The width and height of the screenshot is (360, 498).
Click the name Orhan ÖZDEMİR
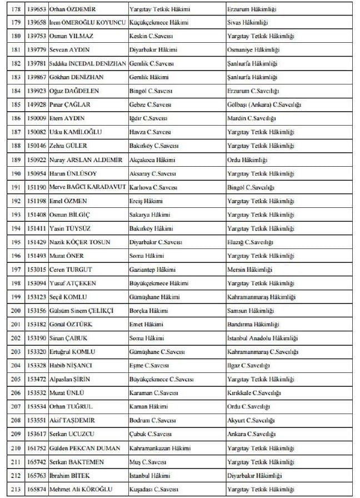coord(69,9)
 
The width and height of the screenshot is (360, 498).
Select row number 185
coord(16,104)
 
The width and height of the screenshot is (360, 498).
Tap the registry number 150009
coord(37,118)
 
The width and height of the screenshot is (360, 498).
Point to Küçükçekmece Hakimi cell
coord(158,22)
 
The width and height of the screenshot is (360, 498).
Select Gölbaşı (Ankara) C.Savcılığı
coord(264,104)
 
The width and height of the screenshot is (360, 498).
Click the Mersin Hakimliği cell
coord(249,269)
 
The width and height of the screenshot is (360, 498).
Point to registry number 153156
coord(37,310)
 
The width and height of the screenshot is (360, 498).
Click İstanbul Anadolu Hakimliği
coord(263,338)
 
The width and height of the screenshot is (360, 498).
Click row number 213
coord(16,489)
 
